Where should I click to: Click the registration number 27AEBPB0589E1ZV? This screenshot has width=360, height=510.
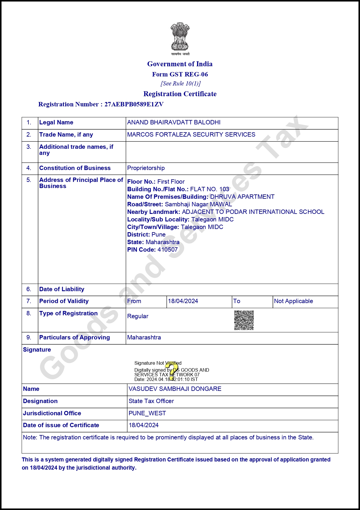click(x=134, y=104)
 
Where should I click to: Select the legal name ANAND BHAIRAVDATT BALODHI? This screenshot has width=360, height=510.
click(x=174, y=122)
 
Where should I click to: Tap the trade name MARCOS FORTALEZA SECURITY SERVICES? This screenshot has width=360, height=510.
click(x=191, y=135)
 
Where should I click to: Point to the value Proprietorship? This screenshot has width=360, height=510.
click(x=146, y=168)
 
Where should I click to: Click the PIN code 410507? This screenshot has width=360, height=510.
click(x=168, y=250)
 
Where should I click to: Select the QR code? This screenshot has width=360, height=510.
click(x=244, y=320)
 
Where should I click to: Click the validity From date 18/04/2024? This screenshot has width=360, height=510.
click(x=183, y=301)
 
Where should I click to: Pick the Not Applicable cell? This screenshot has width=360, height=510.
click(x=293, y=301)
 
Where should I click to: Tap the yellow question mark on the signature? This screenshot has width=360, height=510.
click(x=173, y=371)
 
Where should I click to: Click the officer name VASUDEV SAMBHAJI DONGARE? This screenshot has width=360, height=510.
click(x=175, y=389)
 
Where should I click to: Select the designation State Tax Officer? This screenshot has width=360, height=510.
click(x=151, y=401)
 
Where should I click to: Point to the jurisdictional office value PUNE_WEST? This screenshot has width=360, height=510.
click(x=147, y=413)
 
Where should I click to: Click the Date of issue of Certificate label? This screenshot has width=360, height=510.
click(x=61, y=425)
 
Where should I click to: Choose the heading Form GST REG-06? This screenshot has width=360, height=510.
click(x=180, y=74)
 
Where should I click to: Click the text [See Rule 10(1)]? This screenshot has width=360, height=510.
click(x=180, y=84)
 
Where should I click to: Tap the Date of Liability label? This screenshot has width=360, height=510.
click(x=62, y=289)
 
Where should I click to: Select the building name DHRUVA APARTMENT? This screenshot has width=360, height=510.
click(x=242, y=197)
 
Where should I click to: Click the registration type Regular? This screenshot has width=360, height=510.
click(x=138, y=316)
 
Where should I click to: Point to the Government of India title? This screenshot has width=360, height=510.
click(x=180, y=64)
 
